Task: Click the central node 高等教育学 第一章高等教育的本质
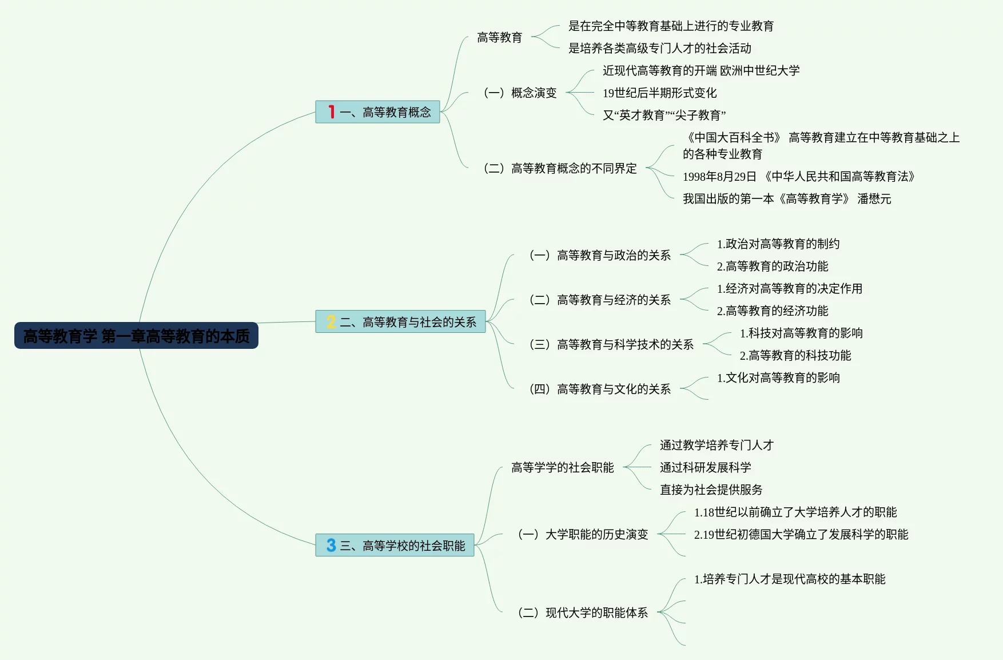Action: coord(136,336)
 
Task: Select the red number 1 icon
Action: coord(331,112)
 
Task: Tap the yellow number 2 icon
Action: coord(331,322)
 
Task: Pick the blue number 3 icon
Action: coord(331,545)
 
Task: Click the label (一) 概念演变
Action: coord(520,93)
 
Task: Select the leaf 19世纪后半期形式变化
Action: coord(659,93)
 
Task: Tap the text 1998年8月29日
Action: coord(719,177)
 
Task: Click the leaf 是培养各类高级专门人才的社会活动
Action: coord(659,49)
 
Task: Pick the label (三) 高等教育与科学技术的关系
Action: coord(611,344)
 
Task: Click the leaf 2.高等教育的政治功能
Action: coord(772,267)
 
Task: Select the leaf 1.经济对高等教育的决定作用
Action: coord(789,289)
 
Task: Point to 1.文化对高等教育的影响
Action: coord(778,378)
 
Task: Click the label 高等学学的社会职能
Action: coord(562,468)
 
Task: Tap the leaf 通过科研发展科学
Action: coord(705,468)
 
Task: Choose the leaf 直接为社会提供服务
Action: coord(711,490)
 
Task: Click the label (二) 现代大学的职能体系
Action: coord(583,613)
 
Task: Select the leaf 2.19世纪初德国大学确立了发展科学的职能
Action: coord(801,535)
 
